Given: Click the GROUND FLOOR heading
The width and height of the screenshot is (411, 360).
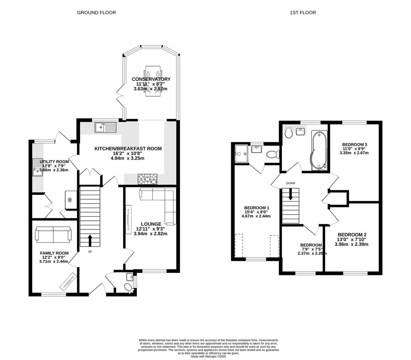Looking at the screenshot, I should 96,13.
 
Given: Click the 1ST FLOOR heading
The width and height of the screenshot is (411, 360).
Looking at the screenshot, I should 303,13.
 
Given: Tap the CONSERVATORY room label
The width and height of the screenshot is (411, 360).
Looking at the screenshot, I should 151,79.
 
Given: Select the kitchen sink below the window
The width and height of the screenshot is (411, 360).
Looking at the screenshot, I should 106,128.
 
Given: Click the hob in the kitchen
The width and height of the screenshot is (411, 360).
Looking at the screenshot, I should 148,179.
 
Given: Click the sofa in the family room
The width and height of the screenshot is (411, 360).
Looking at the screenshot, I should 53,234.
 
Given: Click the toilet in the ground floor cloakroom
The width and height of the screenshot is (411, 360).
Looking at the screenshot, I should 128,287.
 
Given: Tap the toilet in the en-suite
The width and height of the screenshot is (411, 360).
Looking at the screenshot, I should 273,154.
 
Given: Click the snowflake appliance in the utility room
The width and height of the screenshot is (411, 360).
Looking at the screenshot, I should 70,200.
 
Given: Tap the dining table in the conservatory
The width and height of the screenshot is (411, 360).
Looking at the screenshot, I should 153,81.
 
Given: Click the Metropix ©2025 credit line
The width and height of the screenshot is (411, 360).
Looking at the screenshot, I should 208,357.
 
